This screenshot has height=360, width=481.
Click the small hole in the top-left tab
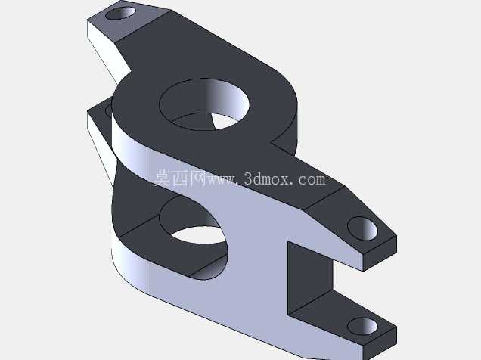(120, 13)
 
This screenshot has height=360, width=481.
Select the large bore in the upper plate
(204, 104)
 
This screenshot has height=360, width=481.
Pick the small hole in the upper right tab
(362, 228)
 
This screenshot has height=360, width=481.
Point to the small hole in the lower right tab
(362, 326)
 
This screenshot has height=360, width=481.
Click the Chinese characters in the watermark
(180, 178)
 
